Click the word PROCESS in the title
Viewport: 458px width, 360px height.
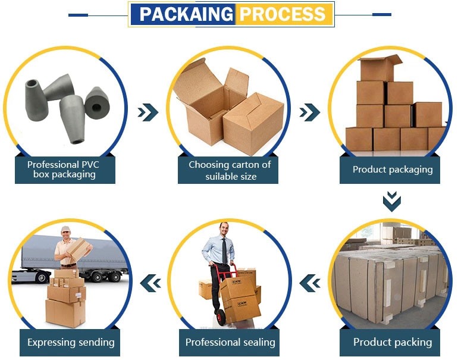pyautogui.click(x=284, y=14)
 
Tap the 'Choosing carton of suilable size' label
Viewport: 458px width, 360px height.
pyautogui.click(x=230, y=170)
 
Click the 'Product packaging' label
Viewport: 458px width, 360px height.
pyautogui.click(x=393, y=170)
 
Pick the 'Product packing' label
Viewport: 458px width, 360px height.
pyautogui.click(x=393, y=342)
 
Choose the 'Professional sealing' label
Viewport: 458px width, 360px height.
pyautogui.click(x=230, y=342)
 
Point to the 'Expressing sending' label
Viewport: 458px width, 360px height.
pyautogui.click(x=71, y=342)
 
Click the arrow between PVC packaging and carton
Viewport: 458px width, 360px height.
pyautogui.click(x=148, y=111)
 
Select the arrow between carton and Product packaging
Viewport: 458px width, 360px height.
pyautogui.click(x=309, y=111)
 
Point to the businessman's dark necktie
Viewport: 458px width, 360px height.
pyautogui.click(x=224, y=249)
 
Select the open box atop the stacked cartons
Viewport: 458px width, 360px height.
pyautogui.click(x=379, y=67)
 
